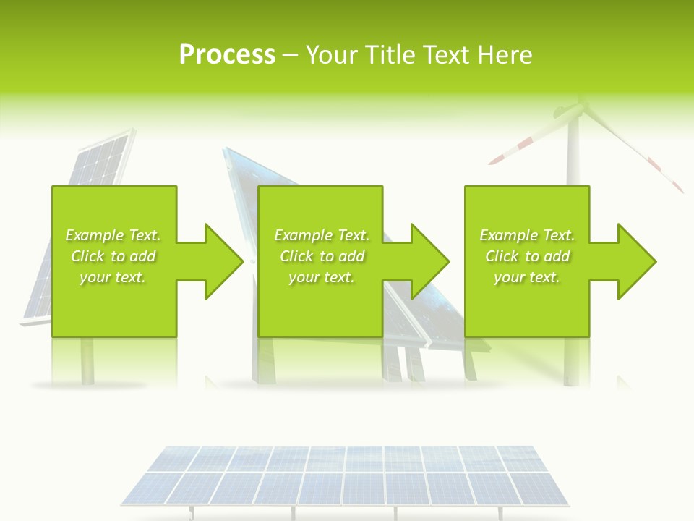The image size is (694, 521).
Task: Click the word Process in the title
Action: coord(227,55)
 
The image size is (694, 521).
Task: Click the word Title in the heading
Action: coord(390,55)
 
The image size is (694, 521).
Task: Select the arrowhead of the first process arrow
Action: coord(224,261)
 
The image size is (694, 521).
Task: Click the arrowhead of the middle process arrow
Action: coord(430,261)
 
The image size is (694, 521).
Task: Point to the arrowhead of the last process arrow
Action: coord(637,261)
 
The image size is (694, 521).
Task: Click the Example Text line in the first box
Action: coord(113,235)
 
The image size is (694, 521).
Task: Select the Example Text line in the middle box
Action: coord(322,235)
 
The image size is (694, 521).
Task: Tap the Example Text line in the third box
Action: coord(527,235)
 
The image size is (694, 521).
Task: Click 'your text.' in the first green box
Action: coord(113,277)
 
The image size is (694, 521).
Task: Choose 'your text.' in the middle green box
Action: coord(322,277)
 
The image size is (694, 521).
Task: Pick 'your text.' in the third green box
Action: coord(527,277)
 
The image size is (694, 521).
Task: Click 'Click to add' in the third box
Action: coord(527,256)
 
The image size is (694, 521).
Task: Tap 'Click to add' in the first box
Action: coord(113,256)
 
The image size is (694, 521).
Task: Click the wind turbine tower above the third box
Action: coord(572,159)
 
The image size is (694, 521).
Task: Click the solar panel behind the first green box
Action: coord(101,159)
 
